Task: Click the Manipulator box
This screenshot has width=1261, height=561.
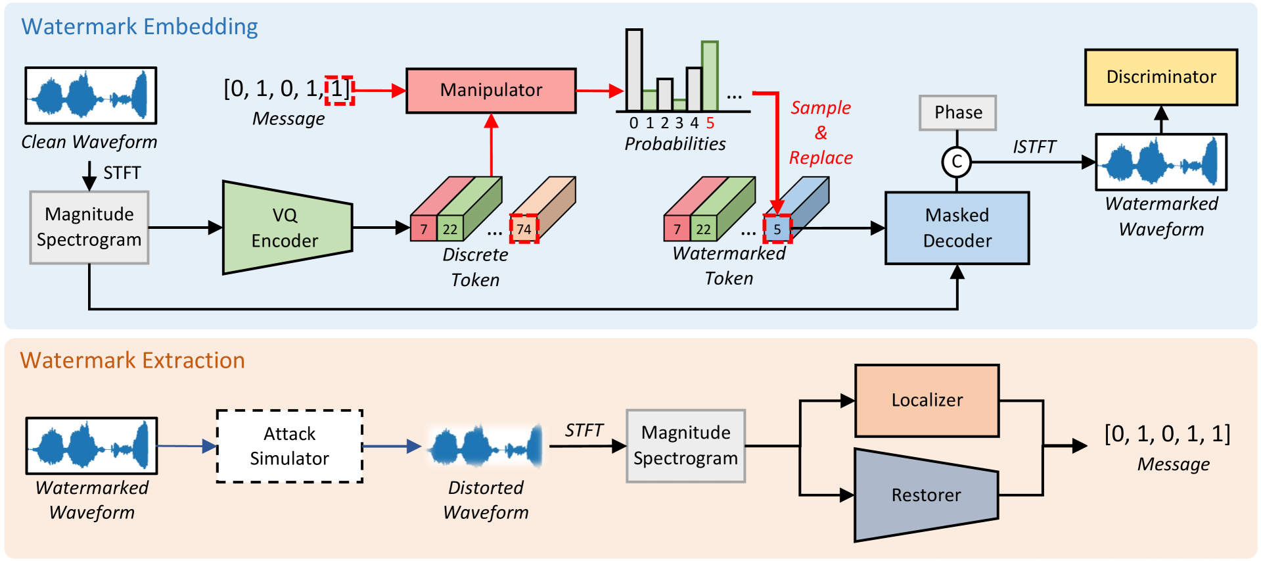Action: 491,90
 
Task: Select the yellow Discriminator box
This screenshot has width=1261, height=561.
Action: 1160,77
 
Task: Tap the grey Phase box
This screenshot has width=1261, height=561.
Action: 957,112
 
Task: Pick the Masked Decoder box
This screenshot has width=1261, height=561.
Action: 957,228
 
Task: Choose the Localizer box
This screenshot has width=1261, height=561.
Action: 927,400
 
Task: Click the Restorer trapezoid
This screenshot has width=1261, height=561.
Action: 926,495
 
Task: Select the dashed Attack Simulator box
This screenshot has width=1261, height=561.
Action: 289,446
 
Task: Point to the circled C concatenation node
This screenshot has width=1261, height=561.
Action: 957,162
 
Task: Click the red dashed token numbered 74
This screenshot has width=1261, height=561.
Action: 524,229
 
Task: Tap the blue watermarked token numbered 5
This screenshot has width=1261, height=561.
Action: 777,229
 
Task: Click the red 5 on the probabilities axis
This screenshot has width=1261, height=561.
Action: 710,123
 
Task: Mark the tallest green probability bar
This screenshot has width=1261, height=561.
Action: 710,76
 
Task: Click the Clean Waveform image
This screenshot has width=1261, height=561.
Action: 91,95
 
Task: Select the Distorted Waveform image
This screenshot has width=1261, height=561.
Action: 485,446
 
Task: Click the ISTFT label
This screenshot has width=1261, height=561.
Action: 1034,147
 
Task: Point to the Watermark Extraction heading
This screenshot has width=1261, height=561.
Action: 132,360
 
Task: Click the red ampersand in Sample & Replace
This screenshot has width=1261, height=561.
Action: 821,133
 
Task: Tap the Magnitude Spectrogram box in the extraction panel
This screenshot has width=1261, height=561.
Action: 685,445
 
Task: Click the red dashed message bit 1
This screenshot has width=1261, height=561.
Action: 338,89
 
